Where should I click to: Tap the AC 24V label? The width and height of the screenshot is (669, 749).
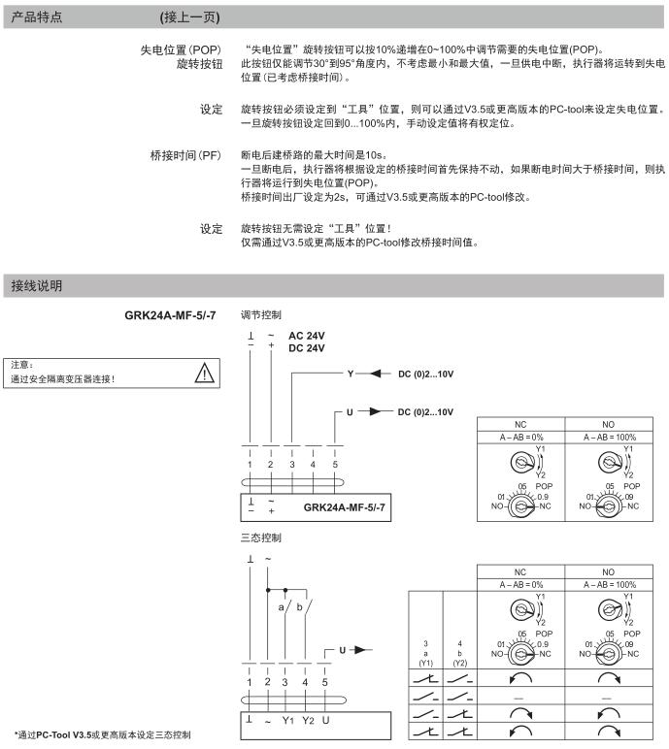(x=310, y=335)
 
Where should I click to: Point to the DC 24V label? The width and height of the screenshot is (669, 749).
(x=310, y=347)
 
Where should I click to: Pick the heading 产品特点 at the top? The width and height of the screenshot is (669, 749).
(x=37, y=17)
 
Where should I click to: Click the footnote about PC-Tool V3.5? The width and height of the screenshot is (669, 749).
(x=102, y=733)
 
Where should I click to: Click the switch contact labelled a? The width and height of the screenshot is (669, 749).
(x=283, y=605)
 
